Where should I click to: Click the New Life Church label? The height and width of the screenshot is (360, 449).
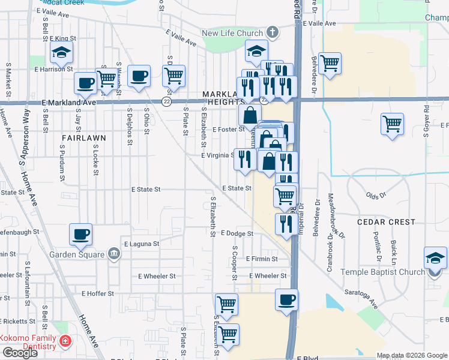coord(233,33)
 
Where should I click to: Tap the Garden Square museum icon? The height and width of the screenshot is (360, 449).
coord(114,254)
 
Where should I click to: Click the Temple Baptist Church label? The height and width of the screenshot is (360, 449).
coord(383,272)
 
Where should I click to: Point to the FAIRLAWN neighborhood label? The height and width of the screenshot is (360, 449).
coord(83,137)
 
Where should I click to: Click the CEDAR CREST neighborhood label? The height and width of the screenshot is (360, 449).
coord(385,221)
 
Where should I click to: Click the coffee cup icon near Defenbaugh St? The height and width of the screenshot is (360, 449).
coord(81,235)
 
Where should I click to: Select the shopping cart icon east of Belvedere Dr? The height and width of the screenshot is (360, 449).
coord(330,63)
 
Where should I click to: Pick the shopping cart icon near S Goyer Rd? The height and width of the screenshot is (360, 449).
coord(392,124)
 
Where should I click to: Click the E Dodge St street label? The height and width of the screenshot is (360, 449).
coord(237,233)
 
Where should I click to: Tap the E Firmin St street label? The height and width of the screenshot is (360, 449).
coord(261,259)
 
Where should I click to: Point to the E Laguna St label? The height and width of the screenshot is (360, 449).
coord(141,244)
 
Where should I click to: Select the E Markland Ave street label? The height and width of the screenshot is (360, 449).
coord(69,103)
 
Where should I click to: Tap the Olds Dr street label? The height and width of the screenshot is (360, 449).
coord(376,196)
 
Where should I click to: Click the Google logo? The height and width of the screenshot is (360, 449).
coord(19,353)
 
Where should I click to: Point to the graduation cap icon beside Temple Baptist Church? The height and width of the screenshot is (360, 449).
coord(435,258)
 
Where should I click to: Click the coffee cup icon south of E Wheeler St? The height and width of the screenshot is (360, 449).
coord(286,300)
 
